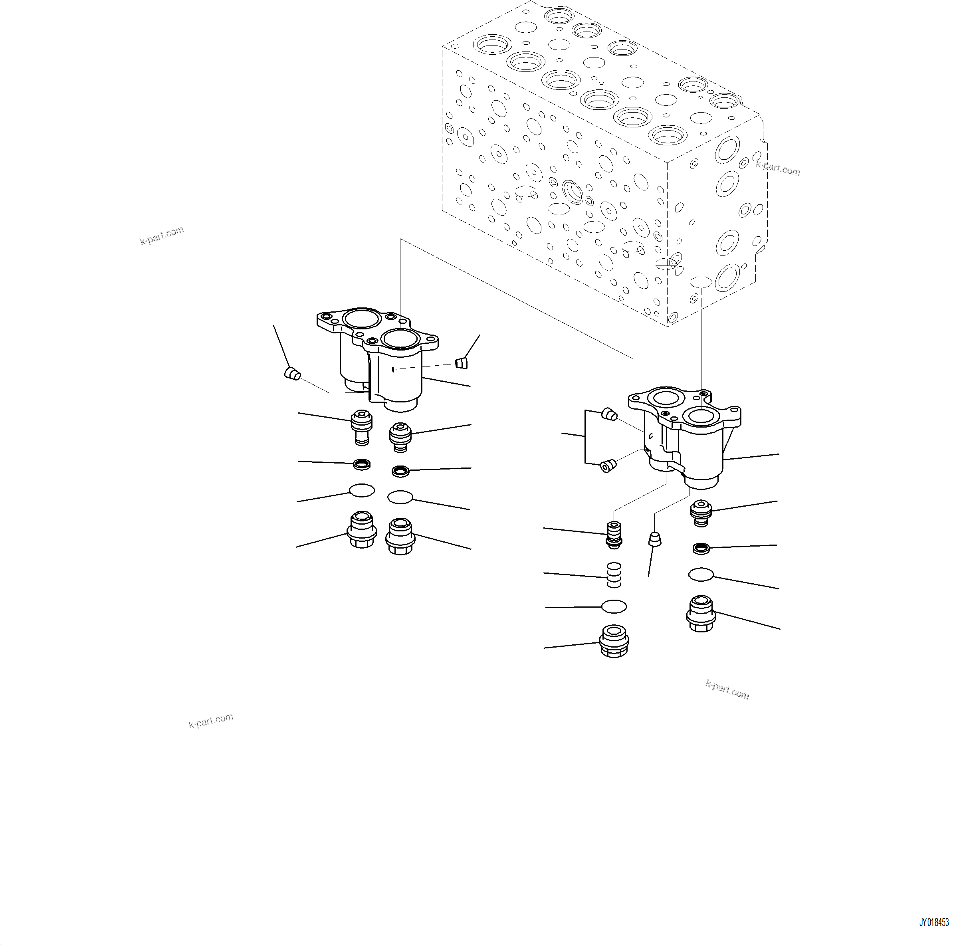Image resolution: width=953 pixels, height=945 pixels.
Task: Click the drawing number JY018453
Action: (933, 922)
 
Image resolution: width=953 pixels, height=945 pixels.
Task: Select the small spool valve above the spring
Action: (613, 535)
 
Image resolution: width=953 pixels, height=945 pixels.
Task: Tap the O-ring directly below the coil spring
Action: (614, 607)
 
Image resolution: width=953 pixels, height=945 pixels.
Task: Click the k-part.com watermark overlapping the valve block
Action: (777, 168)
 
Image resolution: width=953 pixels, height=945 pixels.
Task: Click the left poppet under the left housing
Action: (362, 427)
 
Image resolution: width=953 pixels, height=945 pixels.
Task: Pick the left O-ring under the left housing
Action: (362, 490)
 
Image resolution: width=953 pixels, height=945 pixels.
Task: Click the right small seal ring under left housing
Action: (400, 471)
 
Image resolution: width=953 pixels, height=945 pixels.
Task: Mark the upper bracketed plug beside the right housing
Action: (610, 415)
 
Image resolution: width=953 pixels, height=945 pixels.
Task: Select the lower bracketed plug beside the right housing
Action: (608, 465)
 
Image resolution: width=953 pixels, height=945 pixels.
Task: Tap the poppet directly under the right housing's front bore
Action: (701, 513)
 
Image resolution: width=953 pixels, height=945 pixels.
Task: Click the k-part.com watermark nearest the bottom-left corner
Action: (211, 721)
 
